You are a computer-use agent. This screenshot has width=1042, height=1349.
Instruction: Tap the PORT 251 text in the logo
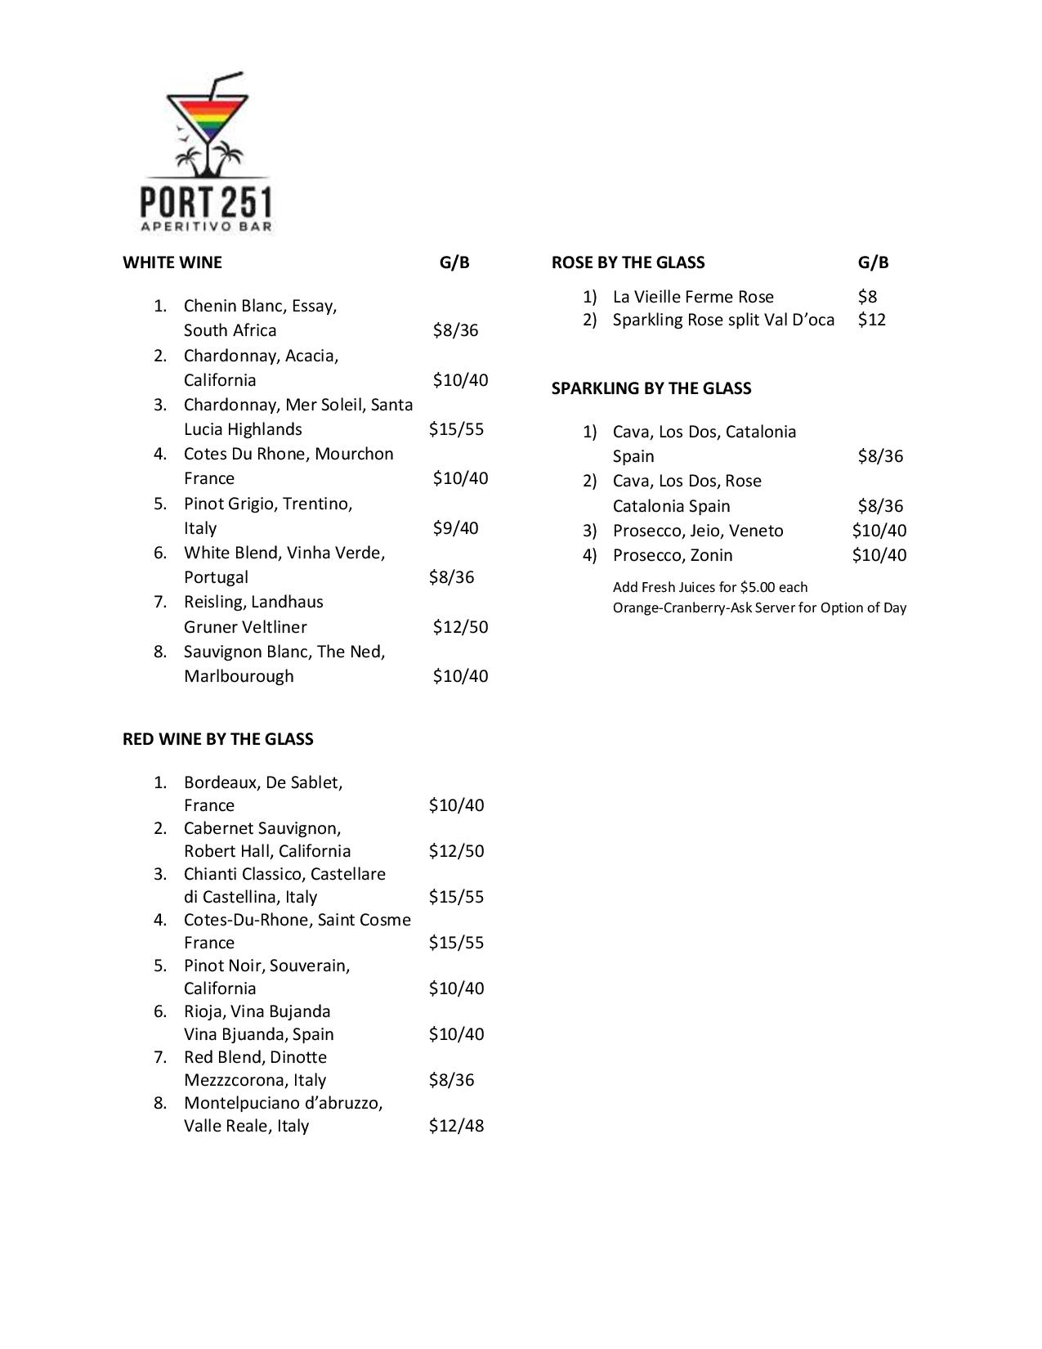[206, 201]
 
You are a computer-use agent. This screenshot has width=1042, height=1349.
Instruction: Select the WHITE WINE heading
[172, 262]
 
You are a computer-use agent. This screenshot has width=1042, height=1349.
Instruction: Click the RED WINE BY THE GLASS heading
[218, 739]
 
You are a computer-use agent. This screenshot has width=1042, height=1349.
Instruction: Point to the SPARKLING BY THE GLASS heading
[651, 388]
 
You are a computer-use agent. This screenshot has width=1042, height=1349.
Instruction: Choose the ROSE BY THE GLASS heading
[628, 262]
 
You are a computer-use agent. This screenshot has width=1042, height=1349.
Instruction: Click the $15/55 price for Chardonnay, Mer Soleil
[456, 429]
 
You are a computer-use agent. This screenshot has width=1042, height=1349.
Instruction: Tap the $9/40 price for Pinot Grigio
[455, 528]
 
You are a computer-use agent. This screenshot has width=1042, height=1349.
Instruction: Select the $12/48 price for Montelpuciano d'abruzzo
[456, 1126]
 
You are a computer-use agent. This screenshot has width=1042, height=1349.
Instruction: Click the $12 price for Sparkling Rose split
[871, 320]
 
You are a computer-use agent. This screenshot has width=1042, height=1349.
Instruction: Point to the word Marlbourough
[239, 676]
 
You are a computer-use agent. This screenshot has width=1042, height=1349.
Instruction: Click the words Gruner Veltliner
[245, 627]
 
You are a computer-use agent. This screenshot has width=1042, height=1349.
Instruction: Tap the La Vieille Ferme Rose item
[693, 297]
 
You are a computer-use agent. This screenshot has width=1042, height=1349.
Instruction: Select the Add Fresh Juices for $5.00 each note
[710, 587]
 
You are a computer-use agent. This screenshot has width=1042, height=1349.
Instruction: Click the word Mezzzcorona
[255, 1080]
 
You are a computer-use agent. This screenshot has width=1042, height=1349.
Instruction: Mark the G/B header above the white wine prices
[454, 262]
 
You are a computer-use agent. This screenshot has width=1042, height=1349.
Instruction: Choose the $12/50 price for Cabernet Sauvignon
[456, 851]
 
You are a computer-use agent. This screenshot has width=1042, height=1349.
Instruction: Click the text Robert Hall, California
[267, 851]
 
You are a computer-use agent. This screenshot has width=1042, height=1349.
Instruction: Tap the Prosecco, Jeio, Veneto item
[698, 531]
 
